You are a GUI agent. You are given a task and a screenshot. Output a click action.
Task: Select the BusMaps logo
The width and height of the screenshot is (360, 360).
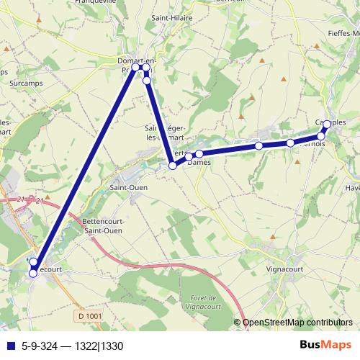point(321,344)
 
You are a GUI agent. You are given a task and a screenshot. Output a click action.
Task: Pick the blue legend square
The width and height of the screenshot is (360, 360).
point(9,345)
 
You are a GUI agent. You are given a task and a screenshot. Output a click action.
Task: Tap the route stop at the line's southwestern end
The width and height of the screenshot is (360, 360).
point(32,273)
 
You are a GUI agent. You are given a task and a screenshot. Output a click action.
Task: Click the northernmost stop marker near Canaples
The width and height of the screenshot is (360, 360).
point(327,124)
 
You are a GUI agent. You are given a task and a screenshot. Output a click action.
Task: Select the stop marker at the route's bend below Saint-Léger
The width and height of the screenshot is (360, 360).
point(173,166)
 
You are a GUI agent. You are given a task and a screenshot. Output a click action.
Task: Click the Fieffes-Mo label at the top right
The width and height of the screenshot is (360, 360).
point(342,34)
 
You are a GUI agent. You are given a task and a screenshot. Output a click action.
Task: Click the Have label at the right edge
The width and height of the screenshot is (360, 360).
point(352,188)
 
